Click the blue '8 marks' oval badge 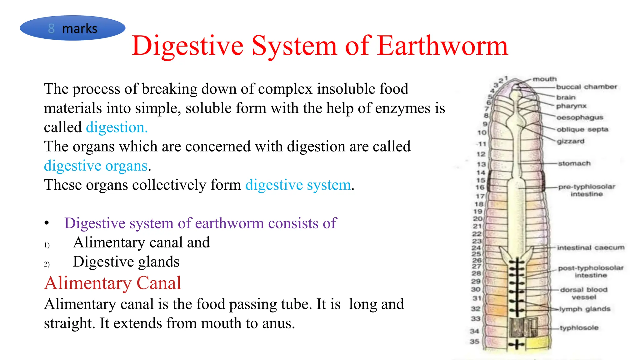pyautogui.click(x=72, y=28)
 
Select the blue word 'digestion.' pyautogui.click(x=117, y=127)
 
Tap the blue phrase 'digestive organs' pyautogui.click(x=96, y=166)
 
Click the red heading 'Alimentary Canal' pyautogui.click(x=112, y=283)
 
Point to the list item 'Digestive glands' pyautogui.click(x=126, y=262)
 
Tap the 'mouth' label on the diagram pyautogui.click(x=545, y=79)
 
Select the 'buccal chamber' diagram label pyautogui.click(x=587, y=87)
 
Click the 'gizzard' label pyautogui.click(x=570, y=141)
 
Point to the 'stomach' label pyautogui.click(x=574, y=163)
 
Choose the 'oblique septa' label pyautogui.click(x=582, y=129)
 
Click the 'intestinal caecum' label pyautogui.click(x=591, y=247)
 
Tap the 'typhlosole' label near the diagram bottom pyautogui.click(x=579, y=328)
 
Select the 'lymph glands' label pyautogui.click(x=585, y=309)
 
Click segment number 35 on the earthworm pyautogui.click(x=474, y=341)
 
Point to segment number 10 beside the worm pyautogui.click(x=482, y=132)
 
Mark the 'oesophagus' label pyautogui.click(x=580, y=117)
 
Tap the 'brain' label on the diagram pyautogui.click(x=566, y=97)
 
